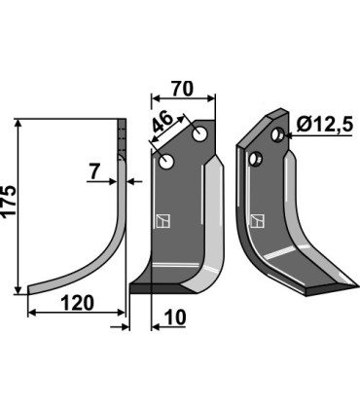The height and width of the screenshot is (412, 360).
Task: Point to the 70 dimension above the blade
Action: (182, 89)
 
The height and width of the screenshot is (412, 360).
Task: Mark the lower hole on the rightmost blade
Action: (258, 158)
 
